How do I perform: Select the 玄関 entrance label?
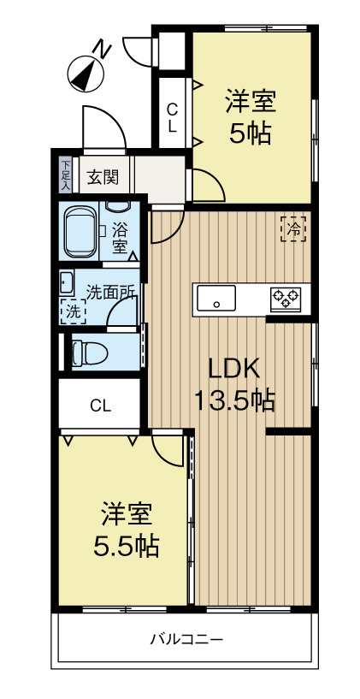103,178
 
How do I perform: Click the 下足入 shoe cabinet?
66,174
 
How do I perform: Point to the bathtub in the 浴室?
81,230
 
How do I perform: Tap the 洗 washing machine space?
73,312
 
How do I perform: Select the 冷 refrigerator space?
293,228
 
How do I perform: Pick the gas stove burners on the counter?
286,299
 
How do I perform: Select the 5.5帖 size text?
127,545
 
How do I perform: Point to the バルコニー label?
187,639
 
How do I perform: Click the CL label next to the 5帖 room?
172,118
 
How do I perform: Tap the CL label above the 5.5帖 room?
101,406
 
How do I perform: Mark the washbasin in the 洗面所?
66,281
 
